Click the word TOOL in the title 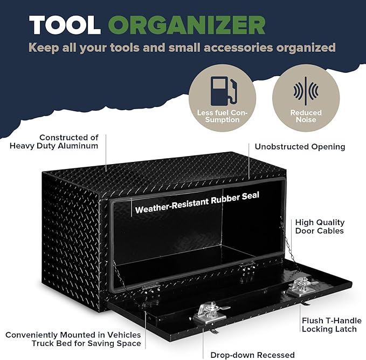pyautogui.click(x=65, y=25)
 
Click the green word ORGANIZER pyautogui.click(x=187, y=25)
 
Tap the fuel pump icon pyautogui.click(x=224, y=91)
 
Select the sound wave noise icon pyautogui.click(x=306, y=91)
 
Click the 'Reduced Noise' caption pyautogui.click(x=306, y=116)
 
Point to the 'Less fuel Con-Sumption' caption pyautogui.click(x=222, y=116)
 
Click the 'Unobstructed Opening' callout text pyautogui.click(x=300, y=147)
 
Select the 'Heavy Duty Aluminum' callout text pyautogui.click(x=54, y=146)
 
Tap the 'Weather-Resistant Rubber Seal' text pyautogui.click(x=197, y=202)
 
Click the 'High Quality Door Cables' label pyautogui.click(x=320, y=227)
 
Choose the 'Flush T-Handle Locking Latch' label pyautogui.click(x=332, y=325)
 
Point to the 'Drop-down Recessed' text pyautogui.click(x=252, y=355)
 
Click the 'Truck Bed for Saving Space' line pyautogui.click(x=86, y=343)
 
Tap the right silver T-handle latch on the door pyautogui.click(x=301, y=287)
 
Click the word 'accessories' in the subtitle pyautogui.click(x=238, y=47)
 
